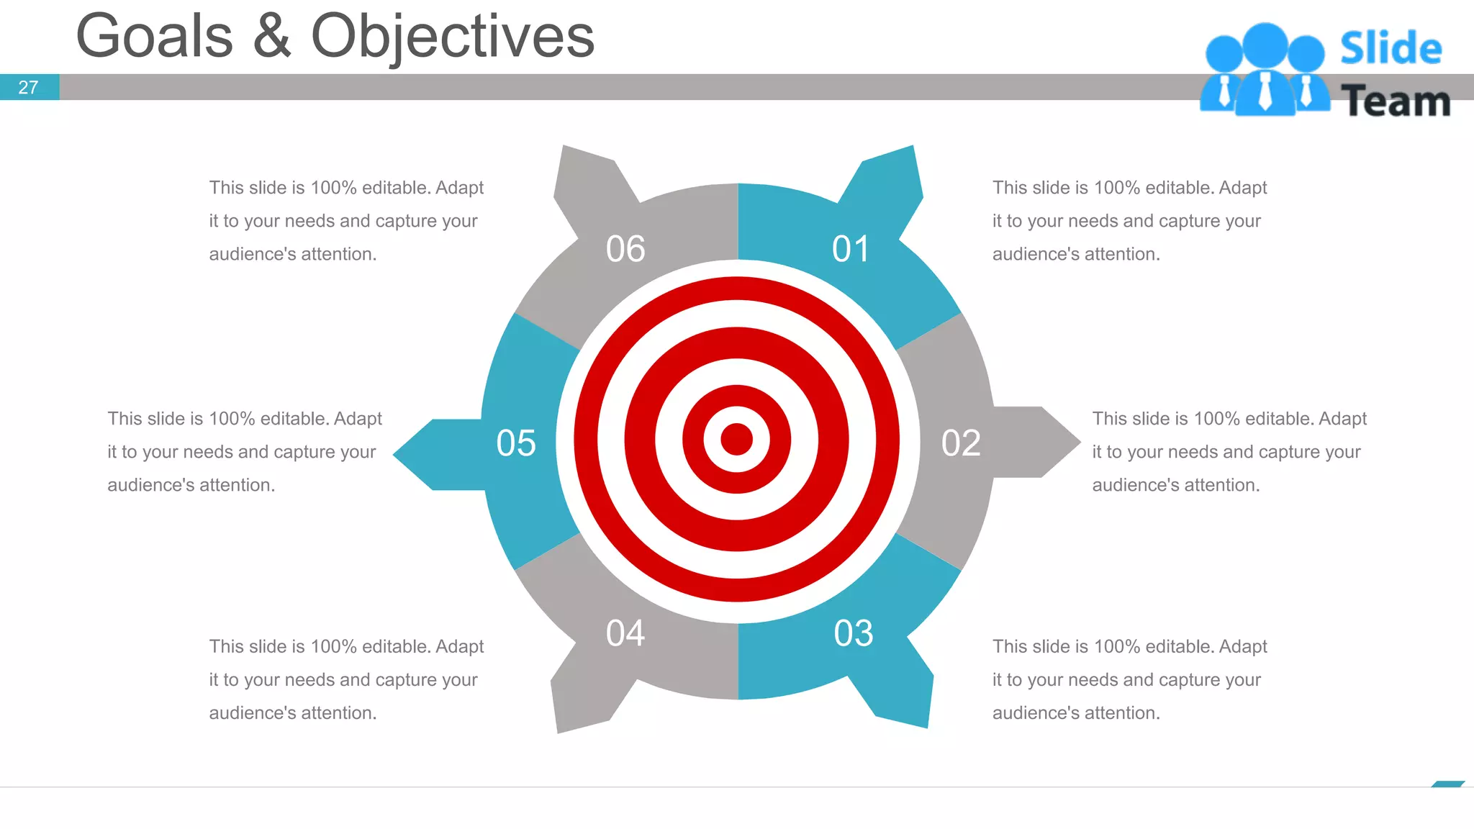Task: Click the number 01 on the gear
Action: tap(851, 249)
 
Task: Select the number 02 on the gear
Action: tap(961, 443)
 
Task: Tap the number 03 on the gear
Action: tap(854, 633)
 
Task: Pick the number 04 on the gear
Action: tap(625, 633)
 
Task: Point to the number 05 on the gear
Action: tap(516, 443)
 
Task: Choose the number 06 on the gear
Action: tap(625, 249)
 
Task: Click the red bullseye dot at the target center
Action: tap(736, 439)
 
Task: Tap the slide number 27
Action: tap(28, 87)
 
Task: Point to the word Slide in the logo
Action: tap(1391, 48)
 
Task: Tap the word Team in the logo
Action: tap(1396, 101)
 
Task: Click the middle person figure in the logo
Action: tap(1265, 68)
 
